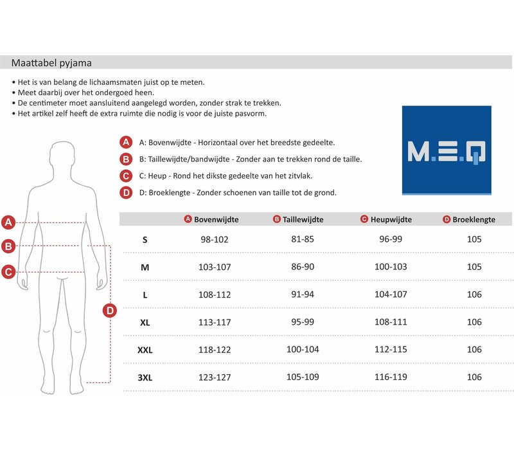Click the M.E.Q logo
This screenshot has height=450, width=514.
click(447, 150)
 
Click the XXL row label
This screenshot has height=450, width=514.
click(145, 350)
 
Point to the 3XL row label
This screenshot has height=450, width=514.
click(145, 377)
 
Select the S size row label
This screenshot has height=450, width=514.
click(145, 239)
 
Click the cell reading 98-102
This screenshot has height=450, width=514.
click(215, 239)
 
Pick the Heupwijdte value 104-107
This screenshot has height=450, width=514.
click(391, 294)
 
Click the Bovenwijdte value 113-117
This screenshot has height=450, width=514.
click(215, 322)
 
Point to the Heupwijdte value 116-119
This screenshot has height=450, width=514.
click(391, 377)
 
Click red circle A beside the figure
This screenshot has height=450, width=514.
click(8, 223)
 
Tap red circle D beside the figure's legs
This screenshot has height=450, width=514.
click(110, 311)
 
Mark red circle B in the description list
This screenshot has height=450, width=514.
click(126, 159)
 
